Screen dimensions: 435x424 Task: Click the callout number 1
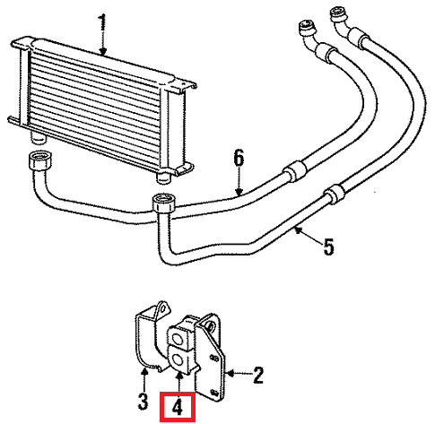pos(102,22)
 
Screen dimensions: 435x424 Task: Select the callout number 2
pos(257,376)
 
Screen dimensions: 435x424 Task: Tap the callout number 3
pos(144,402)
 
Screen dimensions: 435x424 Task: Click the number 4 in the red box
pos(178,406)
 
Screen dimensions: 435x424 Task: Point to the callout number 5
pos(328,247)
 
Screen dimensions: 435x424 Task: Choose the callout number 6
pos(239,159)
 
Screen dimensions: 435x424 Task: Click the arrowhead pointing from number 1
pos(103,52)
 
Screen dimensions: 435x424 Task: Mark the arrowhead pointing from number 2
pos(231,372)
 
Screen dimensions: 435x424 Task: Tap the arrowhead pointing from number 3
pos(144,372)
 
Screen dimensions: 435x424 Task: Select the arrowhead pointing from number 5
pos(298,230)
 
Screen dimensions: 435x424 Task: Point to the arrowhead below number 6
pos(239,192)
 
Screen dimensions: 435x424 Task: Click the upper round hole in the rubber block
pos(177,339)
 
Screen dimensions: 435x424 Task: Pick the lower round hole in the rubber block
pos(178,360)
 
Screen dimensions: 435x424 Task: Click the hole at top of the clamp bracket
pos(161,309)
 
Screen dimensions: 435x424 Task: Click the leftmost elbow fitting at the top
pos(309,35)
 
